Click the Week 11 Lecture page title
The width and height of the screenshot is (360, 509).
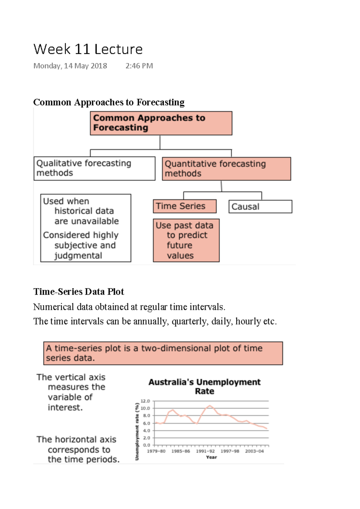click(x=88, y=49)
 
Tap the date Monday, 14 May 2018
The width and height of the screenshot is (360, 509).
click(x=70, y=66)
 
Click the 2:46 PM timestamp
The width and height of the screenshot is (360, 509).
click(x=139, y=66)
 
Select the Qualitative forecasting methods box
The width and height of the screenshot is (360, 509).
click(x=94, y=168)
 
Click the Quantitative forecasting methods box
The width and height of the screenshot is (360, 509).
click(x=226, y=169)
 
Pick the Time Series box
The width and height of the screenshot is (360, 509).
click(x=184, y=206)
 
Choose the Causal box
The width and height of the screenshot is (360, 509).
click(x=260, y=207)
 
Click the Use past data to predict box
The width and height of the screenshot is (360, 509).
click(x=186, y=240)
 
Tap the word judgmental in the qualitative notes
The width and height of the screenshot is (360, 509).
click(x=78, y=256)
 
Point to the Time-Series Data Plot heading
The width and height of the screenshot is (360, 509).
click(x=79, y=292)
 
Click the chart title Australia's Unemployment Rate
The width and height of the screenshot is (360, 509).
click(x=205, y=386)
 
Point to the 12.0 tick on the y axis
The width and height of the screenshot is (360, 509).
click(x=145, y=401)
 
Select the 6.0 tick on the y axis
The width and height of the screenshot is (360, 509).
click(x=146, y=423)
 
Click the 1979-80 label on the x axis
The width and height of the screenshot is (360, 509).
click(x=156, y=451)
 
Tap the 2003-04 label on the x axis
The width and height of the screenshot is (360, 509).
click(x=254, y=451)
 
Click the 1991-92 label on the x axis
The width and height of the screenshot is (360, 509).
click(x=205, y=451)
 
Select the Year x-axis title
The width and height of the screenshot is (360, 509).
click(x=211, y=457)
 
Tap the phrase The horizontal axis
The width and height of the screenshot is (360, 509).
click(x=76, y=440)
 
